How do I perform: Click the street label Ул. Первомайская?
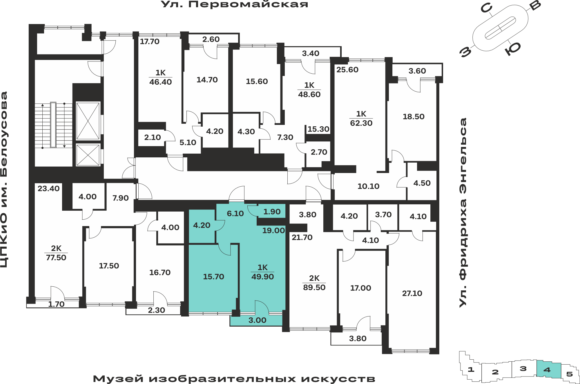pos(234,4)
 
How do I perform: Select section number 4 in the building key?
pos(547,370)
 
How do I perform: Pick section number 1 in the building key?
pos(471,370)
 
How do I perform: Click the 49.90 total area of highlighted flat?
pos(263,276)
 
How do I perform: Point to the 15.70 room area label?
pos(214,276)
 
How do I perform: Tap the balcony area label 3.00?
pos(258,320)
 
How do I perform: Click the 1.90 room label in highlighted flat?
pos(272,212)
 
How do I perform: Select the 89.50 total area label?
pos(314,287)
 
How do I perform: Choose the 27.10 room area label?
pos(412,293)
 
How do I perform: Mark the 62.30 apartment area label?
pos(361,123)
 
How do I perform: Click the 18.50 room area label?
pos(414,117)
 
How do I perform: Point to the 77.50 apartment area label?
pos(56,257)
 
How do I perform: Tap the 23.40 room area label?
pos(49,188)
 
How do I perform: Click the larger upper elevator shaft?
pos(88,121)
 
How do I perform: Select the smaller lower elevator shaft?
pos(88,155)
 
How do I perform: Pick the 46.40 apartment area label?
pos(161,82)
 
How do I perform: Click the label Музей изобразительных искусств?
pos(234,378)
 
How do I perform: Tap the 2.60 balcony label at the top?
pos(211,39)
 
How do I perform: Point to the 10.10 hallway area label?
pos(369,186)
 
